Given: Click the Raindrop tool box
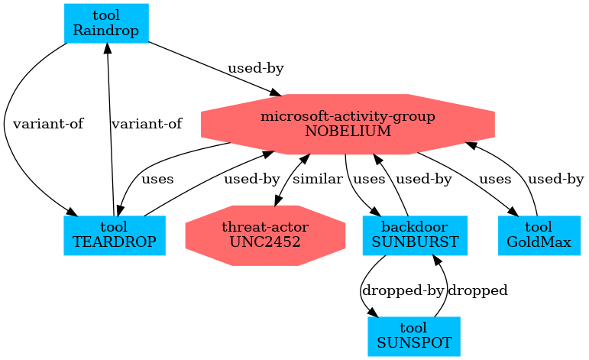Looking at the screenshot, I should (x=105, y=23).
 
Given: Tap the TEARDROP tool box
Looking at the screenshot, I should (x=115, y=235).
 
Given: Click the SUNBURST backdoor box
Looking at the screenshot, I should (x=415, y=235).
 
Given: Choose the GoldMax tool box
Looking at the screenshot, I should (x=538, y=235).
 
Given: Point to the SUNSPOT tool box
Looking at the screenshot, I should (x=415, y=336).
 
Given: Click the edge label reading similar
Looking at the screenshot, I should (x=317, y=180).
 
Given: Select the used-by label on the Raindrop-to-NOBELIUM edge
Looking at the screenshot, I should (x=255, y=69).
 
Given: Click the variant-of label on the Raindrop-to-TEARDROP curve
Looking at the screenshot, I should (x=47, y=123).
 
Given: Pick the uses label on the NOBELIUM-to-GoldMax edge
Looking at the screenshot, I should (x=494, y=180).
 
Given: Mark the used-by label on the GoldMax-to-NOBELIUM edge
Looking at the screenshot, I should (x=555, y=180).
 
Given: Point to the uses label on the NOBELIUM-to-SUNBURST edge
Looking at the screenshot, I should (x=371, y=180).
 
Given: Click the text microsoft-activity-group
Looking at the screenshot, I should (x=348, y=117).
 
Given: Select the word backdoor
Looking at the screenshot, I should (x=415, y=228).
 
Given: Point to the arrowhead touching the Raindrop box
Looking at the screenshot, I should (x=107, y=48).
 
